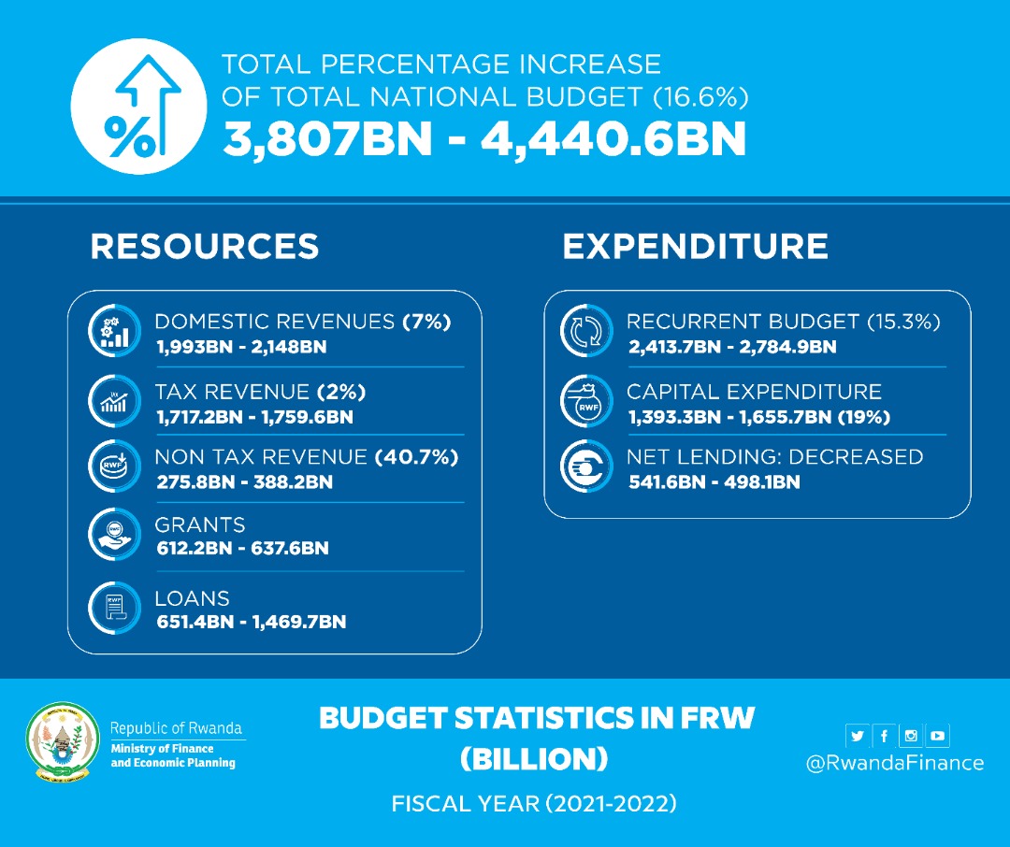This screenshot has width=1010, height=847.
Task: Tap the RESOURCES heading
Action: [x=205, y=246]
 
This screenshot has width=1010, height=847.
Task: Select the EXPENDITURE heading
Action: [x=695, y=246]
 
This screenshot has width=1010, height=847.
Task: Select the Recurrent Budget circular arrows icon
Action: [x=585, y=332]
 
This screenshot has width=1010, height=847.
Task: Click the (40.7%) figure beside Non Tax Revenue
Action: [x=416, y=457]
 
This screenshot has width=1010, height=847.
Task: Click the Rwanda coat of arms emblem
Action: [x=62, y=742]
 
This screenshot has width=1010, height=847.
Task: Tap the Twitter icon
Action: [x=858, y=736]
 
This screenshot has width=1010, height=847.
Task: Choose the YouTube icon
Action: [x=937, y=736]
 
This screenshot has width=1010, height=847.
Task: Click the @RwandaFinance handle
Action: [x=895, y=763]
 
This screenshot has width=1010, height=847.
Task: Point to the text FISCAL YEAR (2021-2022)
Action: [x=534, y=803]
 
